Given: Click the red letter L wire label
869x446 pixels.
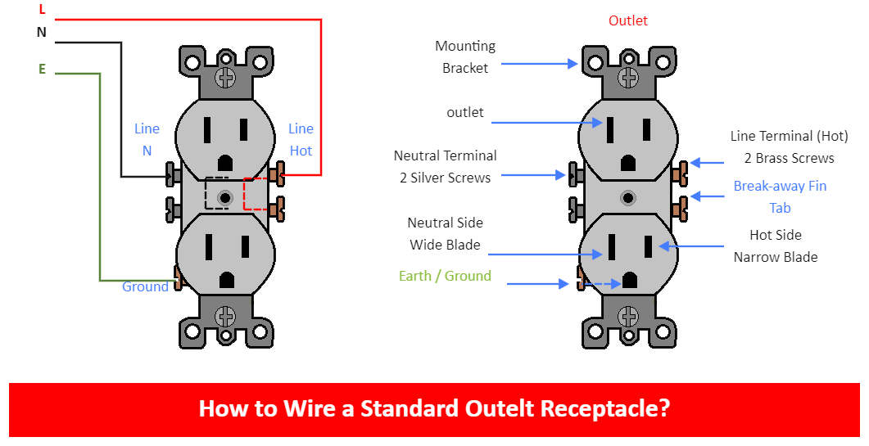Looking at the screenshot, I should click(x=42, y=9).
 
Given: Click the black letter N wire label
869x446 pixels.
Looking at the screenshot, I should click(x=42, y=33).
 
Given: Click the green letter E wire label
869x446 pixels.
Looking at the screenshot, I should click(x=42, y=70).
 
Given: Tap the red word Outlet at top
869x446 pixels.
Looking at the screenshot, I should click(x=628, y=20).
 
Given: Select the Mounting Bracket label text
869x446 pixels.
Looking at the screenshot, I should click(x=465, y=57).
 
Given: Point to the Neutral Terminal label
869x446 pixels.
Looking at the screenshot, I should click(x=445, y=166).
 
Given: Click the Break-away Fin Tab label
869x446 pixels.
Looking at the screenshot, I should click(x=780, y=196).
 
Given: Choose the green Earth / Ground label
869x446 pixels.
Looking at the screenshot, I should click(x=445, y=276).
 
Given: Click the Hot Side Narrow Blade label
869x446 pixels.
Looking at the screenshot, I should click(x=775, y=246).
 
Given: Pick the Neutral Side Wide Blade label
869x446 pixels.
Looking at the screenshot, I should click(x=445, y=233).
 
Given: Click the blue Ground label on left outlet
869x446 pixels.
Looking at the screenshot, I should click(x=145, y=286).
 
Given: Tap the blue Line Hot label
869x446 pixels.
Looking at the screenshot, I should click(x=301, y=139).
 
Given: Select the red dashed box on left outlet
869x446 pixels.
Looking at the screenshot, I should click(x=256, y=194).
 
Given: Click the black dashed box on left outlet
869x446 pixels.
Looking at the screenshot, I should click(x=217, y=193).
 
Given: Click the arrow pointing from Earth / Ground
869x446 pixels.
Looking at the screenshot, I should click(x=537, y=284).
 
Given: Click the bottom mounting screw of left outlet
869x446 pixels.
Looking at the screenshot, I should click(x=224, y=316).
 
